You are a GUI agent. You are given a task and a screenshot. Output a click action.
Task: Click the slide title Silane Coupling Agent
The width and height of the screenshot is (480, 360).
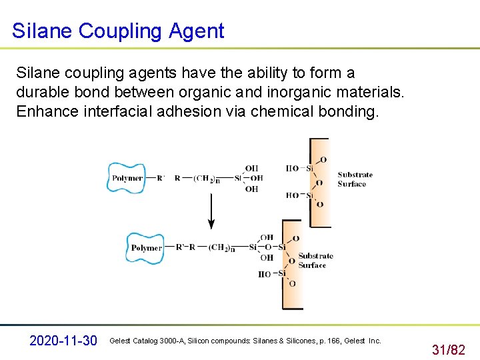coord(118,31)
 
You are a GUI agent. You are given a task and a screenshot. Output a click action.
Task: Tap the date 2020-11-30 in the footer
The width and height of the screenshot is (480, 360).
coord(64,341)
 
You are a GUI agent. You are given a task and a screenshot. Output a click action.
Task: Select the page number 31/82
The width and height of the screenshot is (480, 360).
coord(449,349)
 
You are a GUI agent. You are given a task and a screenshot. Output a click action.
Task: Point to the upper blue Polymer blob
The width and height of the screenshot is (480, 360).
coord(127,178)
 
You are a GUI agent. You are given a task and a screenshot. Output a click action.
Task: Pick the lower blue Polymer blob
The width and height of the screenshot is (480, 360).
coord(145,248)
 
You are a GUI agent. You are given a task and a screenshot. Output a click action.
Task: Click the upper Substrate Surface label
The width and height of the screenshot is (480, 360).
coord(355,179)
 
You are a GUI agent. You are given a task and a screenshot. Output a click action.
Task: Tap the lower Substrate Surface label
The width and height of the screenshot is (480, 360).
coord(315,261)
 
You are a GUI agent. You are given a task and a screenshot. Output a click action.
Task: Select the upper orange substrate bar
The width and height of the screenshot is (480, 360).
coord(320,182)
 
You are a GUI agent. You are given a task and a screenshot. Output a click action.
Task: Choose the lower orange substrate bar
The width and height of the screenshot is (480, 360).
coord(293,264)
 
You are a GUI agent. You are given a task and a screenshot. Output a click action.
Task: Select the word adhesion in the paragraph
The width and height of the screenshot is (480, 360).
coord(188,111)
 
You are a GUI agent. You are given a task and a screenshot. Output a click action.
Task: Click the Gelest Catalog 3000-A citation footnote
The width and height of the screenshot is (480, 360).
coord(245,341)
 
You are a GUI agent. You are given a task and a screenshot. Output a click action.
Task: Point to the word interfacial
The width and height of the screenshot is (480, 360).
coord(118,111)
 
